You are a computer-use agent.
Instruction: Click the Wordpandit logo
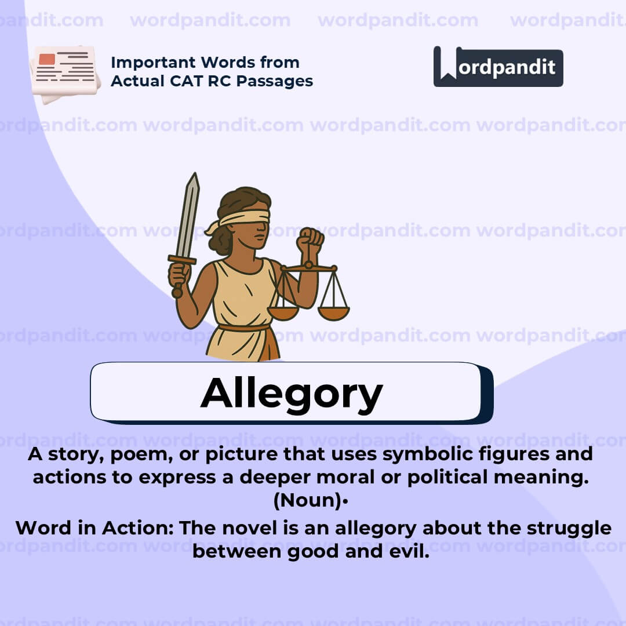coord(498,67)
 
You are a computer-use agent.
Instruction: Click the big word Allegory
coord(292,394)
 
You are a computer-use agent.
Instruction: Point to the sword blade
coord(188,214)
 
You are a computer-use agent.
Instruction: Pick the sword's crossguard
coord(182,260)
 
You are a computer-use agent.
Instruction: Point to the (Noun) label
coord(308,501)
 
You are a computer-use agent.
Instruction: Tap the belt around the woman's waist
coord(243,327)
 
